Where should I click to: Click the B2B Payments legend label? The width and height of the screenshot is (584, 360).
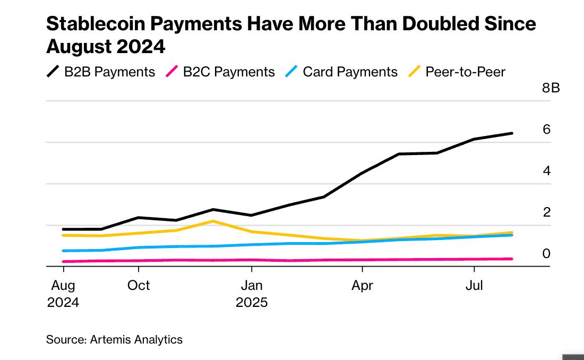tap(109, 72)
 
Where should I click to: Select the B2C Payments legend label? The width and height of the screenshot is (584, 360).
tap(229, 72)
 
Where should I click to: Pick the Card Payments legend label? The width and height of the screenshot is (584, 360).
tap(350, 72)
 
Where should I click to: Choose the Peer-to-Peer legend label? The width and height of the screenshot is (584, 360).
tap(465, 72)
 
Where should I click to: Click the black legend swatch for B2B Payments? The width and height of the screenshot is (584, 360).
tap(53, 72)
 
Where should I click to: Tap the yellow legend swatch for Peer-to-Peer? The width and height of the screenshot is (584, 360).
tap(414, 72)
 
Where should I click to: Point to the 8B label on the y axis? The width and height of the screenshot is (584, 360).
tap(551, 88)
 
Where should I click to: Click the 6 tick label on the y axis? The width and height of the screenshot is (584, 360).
tap(546, 130)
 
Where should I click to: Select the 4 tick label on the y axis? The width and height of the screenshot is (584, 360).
tap(546, 171)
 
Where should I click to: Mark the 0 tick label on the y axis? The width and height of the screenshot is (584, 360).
tap(546, 254)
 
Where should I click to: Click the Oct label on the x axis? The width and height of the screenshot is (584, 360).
tap(139, 286)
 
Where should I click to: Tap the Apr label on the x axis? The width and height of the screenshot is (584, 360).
tap(362, 286)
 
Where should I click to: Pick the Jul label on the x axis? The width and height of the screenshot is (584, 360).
tap(474, 286)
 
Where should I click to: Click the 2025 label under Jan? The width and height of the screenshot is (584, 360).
tap(252, 303)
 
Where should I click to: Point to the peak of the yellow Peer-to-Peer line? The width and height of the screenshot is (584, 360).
tap(213, 221)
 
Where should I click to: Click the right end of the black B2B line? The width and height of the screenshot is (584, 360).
tap(512, 133)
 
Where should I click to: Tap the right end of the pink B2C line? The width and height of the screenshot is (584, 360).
tap(512, 259)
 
